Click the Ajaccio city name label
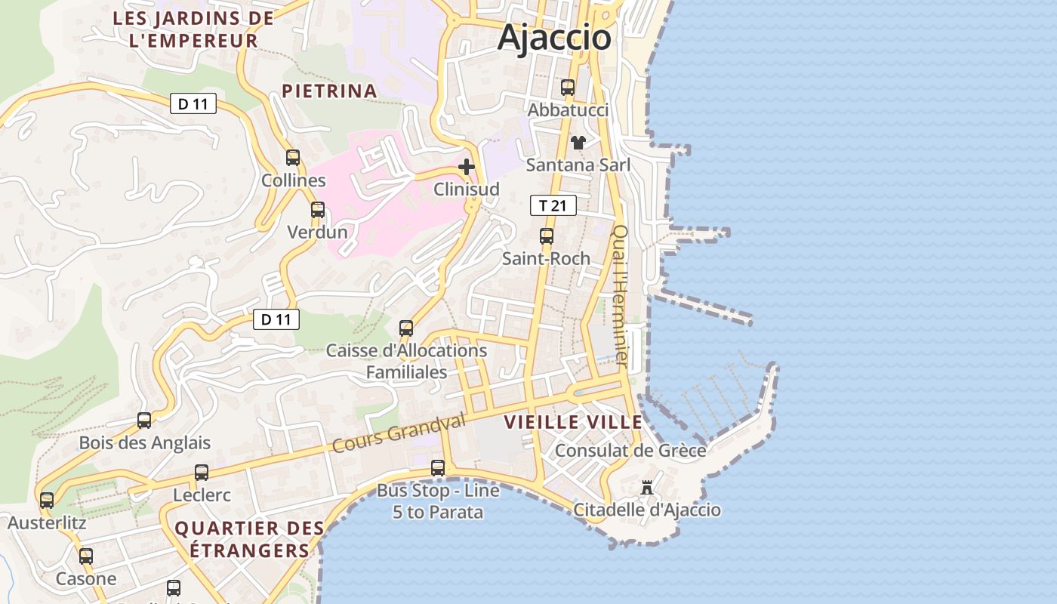[553, 37]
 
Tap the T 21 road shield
[553, 205]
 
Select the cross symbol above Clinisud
[467, 167]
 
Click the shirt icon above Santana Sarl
[578, 143]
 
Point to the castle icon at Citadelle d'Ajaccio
[647, 488]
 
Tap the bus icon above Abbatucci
[568, 88]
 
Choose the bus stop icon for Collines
[293, 158]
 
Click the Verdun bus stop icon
[318, 210]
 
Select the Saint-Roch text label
[547, 259]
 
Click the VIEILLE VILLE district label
[573, 422]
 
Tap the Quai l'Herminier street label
[620, 296]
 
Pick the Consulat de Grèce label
[630, 451]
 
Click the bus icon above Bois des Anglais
[144, 421]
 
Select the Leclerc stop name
[202, 495]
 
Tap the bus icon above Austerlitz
[47, 500]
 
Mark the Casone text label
[86, 579]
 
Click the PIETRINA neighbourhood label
[329, 91]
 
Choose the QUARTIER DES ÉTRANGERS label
[250, 539]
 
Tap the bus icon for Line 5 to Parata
[438, 468]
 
